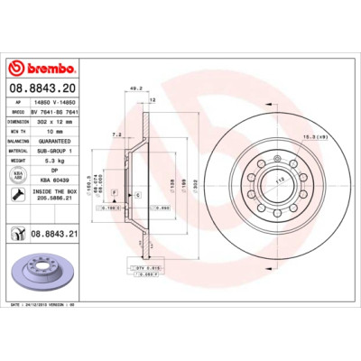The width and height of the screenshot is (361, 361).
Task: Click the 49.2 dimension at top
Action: (136, 88)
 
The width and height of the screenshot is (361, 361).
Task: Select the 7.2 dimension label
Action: (116, 134)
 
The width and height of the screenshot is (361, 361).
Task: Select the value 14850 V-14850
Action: (54, 104)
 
